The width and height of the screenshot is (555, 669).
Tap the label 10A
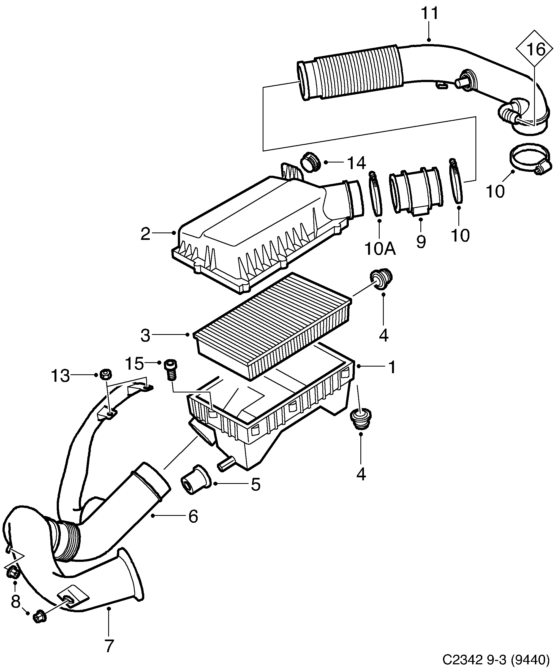point(380,249)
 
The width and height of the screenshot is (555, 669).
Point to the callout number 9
point(421,242)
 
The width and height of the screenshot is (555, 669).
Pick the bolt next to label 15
point(171,369)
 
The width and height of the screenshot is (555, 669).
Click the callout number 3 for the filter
point(145,335)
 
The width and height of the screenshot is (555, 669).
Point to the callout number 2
point(145,234)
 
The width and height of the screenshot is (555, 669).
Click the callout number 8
point(15,602)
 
